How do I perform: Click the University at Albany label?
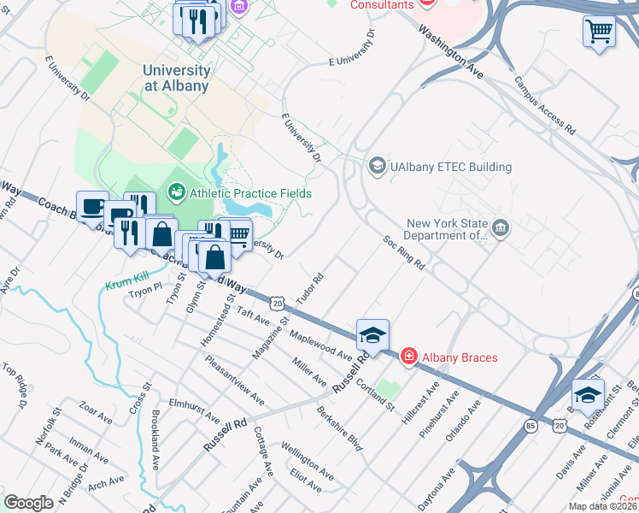point(176,78)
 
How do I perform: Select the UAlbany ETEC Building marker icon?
point(376,167)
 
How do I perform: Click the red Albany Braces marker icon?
point(409,356)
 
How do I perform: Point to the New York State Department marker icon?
point(501,228)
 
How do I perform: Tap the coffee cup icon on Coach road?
point(92,206)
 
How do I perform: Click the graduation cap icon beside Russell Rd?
point(372,335)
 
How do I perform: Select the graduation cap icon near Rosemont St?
point(588,394)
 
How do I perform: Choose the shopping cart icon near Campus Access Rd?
point(599,32)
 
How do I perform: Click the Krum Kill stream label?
point(126,285)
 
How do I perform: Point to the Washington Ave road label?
point(450,51)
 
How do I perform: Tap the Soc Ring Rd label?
point(404,252)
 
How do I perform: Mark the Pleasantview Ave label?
point(233,380)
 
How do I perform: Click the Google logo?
point(29,502)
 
